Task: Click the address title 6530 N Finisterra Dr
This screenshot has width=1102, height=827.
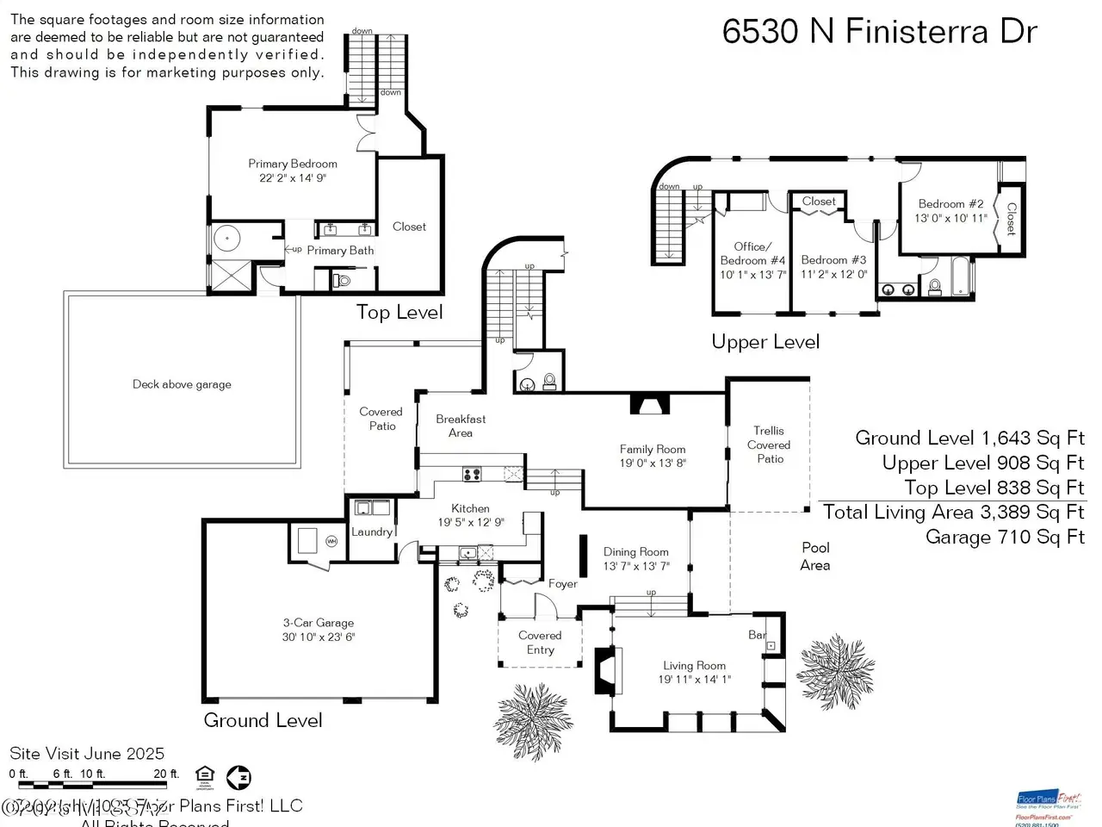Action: [x=879, y=32]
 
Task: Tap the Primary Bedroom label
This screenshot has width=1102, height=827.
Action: [x=293, y=164]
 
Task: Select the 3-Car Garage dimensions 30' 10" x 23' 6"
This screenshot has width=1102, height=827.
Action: [x=319, y=637]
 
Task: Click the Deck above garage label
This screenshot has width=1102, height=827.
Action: [x=182, y=384]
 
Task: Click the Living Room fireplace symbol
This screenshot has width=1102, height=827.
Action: [x=607, y=669]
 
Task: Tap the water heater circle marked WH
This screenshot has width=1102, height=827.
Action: [x=331, y=541]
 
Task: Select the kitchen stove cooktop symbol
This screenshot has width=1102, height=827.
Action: [x=472, y=473]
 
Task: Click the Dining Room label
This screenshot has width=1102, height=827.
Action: [x=635, y=552]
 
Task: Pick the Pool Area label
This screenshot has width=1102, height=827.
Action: [x=815, y=556]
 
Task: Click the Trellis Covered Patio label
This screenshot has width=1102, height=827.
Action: [x=769, y=445]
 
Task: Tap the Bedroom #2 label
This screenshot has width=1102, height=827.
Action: [x=950, y=204]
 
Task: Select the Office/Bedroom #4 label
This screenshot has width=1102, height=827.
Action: [x=753, y=253]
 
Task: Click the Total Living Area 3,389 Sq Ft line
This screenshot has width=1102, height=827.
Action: [x=953, y=513]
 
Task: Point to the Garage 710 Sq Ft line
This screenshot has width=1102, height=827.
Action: [x=1005, y=538]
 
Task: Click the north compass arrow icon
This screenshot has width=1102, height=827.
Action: [x=238, y=777]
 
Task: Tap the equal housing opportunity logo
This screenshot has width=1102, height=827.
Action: [x=205, y=774]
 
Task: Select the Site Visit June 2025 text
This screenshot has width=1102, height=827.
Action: [x=87, y=754]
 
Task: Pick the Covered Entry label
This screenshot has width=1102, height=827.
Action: [x=540, y=643]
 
